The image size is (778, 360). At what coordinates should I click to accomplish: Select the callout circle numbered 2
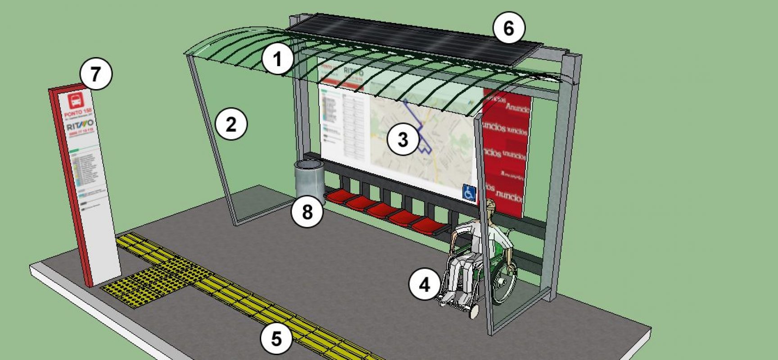click(x=231, y=124)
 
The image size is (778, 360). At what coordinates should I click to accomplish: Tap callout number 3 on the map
click(x=403, y=139)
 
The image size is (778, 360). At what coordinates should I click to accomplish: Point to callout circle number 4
click(x=425, y=284)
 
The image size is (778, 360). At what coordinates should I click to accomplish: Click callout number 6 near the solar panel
click(x=509, y=28)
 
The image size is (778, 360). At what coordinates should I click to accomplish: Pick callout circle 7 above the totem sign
click(x=95, y=74)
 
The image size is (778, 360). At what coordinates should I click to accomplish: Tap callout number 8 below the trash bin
click(x=307, y=211)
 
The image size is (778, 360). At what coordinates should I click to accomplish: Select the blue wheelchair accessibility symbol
click(x=469, y=192)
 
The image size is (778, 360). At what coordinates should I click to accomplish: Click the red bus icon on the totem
click(x=76, y=100)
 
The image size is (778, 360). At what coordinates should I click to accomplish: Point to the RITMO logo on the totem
click(x=80, y=125)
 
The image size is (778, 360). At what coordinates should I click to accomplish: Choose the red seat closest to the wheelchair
click(x=430, y=225)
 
